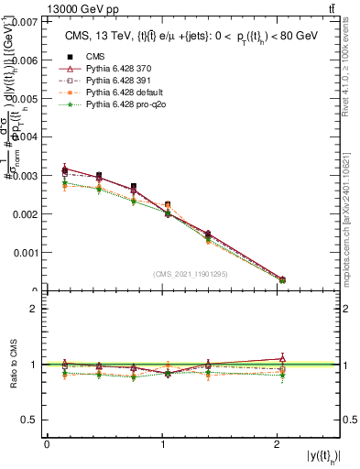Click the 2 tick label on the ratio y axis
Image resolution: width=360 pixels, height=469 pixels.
coord(36,309)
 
